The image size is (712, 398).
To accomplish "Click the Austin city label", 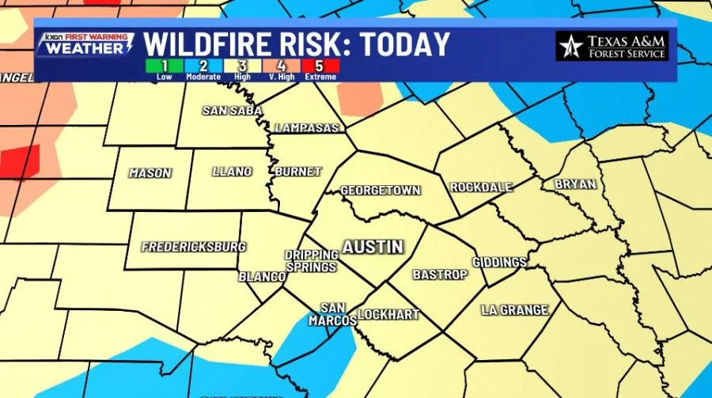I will (x=373, y=247).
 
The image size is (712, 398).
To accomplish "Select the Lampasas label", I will (x=307, y=127).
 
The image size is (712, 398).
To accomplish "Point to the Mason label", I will (x=150, y=172).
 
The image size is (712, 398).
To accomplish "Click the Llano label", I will (x=232, y=172).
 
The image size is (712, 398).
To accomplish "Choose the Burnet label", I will (x=297, y=172).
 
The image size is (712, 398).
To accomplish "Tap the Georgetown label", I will (x=380, y=191).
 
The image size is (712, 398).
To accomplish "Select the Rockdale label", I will (x=481, y=188).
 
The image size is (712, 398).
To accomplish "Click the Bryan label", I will (x=574, y=184).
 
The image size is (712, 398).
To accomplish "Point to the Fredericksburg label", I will (x=193, y=247).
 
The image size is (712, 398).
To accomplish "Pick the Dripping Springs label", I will (x=312, y=260).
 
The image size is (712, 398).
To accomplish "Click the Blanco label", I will (x=262, y=277).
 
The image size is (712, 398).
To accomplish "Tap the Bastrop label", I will (x=440, y=275).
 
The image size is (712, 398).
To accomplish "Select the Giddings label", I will (x=499, y=262).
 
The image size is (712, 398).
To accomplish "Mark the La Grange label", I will (x=514, y=310).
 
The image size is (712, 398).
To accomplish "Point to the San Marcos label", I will (x=338, y=313).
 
